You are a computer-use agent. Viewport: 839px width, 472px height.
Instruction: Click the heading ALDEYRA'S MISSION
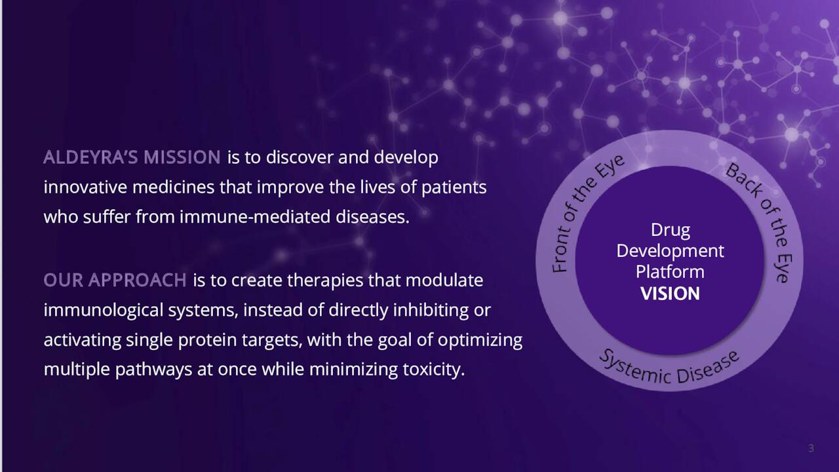pos(132,157)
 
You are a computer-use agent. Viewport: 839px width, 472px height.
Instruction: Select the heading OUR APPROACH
pos(115,280)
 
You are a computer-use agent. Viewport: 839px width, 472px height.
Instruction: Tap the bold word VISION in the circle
pos(670,293)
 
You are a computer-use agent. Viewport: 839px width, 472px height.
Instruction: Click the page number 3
pos(811,448)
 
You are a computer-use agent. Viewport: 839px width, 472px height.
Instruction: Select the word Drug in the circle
pos(671,230)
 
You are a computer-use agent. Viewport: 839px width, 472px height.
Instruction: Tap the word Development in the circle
pos(670,251)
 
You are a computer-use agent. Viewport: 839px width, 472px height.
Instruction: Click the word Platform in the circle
pos(670,272)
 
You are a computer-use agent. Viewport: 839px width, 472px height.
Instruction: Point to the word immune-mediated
pos(255,216)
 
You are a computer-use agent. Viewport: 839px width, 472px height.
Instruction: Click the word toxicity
pos(434,369)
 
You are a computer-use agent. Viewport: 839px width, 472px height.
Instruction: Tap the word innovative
pos(85,187)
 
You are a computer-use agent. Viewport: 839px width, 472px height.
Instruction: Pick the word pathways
pos(153,370)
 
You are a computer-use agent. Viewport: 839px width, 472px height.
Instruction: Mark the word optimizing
pos(480,340)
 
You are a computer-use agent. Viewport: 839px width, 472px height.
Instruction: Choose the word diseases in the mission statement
pos(372,216)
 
